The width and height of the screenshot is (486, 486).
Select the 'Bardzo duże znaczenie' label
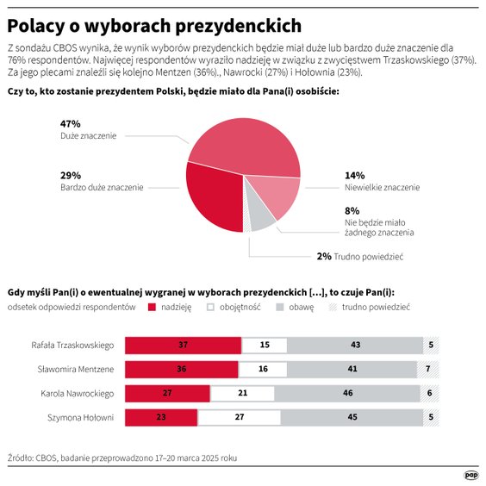pos(102,187)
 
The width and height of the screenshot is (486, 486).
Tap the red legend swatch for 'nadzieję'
pos(152,307)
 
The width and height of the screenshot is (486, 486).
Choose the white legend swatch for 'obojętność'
pos(215,307)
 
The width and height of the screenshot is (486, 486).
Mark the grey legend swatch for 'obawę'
pos(280,307)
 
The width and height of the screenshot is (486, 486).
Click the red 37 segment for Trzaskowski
pos(183,346)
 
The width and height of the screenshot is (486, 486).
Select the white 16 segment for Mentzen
pos(262,370)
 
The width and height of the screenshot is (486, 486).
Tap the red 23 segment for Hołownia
pos(160,418)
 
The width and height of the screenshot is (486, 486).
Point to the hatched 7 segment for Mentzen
pos(428,370)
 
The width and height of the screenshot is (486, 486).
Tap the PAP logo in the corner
pos(471,473)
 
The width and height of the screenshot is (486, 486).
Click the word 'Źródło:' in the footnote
pos(20,459)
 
